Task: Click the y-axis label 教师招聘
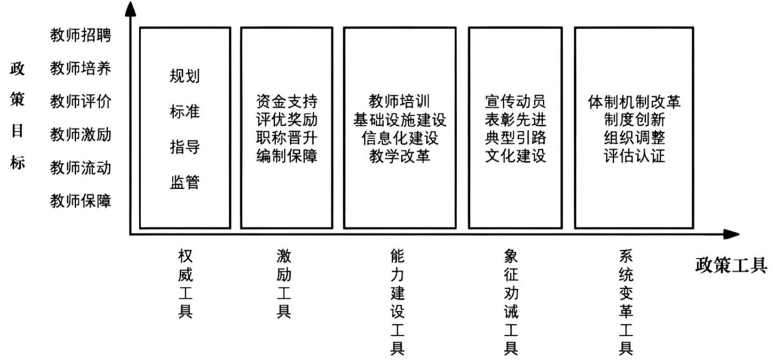click(81, 36)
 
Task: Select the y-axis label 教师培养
click(81, 69)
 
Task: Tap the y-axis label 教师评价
click(81, 102)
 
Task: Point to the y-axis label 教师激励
click(81, 135)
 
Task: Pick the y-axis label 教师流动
click(81, 168)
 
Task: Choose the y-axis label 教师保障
click(81, 201)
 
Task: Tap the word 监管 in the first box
click(184, 183)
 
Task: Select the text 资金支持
click(287, 102)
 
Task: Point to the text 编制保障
click(287, 156)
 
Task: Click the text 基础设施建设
click(400, 119)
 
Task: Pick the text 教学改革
click(400, 156)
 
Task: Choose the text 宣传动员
click(515, 102)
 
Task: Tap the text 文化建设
click(515, 156)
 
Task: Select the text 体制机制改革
click(634, 102)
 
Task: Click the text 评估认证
click(634, 156)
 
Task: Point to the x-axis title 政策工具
click(730, 265)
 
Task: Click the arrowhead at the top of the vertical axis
click(130, 8)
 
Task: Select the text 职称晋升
click(287, 137)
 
